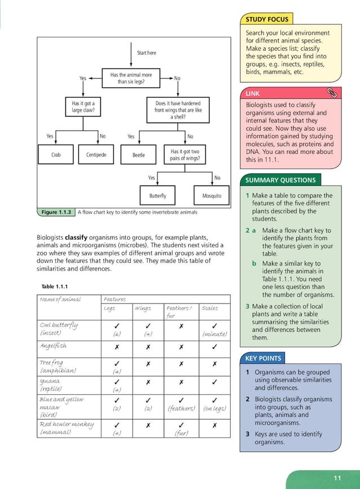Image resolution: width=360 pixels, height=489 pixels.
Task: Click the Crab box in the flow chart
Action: [56, 155]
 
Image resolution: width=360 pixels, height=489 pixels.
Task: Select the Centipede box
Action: [99, 155]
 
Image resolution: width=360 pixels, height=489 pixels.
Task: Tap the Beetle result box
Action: [138, 155]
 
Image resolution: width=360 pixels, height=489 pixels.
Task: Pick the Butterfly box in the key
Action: [157, 196]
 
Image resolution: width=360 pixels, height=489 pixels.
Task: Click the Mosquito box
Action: [212, 196]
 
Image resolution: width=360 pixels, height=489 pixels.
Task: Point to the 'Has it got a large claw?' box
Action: [83, 107]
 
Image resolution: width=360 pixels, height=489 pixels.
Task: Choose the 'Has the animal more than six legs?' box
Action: [131, 78]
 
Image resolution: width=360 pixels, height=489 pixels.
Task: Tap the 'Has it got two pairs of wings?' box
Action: [185, 155]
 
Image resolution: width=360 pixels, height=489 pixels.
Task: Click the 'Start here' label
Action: [146, 53]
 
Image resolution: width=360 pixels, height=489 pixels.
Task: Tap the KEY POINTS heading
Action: [263, 358]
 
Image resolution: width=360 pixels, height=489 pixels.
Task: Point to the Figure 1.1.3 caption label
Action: [56, 212]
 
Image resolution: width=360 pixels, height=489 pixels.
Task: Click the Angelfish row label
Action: [54, 346]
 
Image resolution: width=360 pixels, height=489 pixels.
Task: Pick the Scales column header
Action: [209, 308]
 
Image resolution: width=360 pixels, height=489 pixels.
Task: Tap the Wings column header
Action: [143, 308]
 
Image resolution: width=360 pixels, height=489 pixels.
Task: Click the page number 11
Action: [337, 478]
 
